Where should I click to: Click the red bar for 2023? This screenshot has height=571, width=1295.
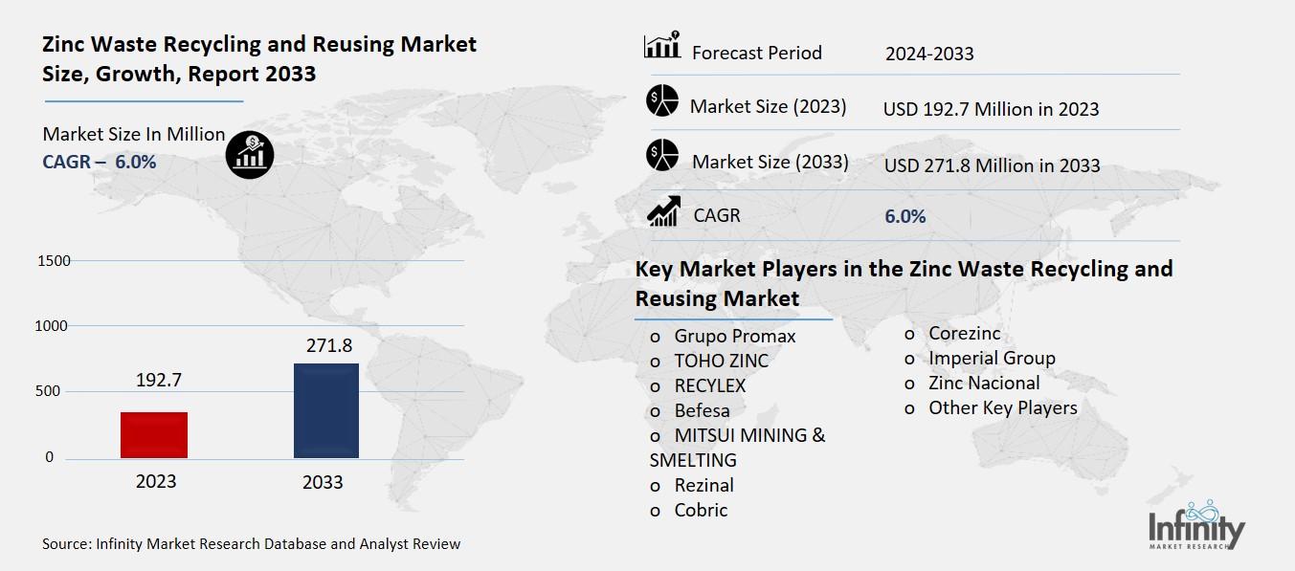click(x=154, y=435)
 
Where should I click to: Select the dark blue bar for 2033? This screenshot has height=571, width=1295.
click(x=326, y=411)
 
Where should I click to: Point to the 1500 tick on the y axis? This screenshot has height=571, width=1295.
click(x=54, y=261)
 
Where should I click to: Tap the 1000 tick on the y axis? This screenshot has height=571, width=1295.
click(x=54, y=326)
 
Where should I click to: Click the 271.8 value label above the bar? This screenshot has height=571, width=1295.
click(x=325, y=345)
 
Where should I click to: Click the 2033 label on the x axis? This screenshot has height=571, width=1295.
click(x=323, y=482)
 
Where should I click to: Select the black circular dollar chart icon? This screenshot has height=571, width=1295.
click(x=250, y=154)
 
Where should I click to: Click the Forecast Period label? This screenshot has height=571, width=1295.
click(x=756, y=53)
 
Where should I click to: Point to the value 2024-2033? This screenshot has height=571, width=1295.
click(x=929, y=54)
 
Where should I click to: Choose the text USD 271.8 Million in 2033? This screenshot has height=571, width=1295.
click(x=992, y=165)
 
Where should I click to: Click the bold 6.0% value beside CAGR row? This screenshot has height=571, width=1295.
click(x=905, y=217)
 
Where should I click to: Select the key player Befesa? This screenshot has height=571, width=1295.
click(x=702, y=410)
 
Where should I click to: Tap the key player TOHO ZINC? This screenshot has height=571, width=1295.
click(x=721, y=361)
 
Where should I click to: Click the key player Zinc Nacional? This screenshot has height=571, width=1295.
click(x=983, y=383)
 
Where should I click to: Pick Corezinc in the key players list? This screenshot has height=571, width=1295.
click(x=964, y=334)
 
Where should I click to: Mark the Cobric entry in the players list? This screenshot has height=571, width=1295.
click(x=701, y=510)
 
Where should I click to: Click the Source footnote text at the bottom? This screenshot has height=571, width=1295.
click(x=251, y=544)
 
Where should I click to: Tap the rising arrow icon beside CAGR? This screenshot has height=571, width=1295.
click(x=663, y=211)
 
